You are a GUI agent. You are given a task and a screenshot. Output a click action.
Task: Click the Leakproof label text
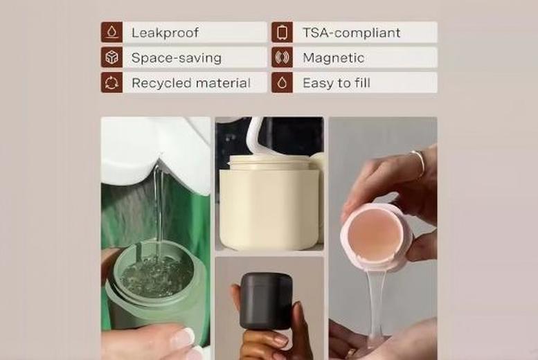(x=165, y=33)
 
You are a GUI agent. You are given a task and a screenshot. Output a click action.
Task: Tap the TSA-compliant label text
(x=351, y=33)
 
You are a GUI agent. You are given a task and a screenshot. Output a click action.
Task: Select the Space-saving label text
(x=176, y=58)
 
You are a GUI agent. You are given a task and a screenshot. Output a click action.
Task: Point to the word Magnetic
(x=333, y=58)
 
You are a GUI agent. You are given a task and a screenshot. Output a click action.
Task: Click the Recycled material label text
(x=190, y=83)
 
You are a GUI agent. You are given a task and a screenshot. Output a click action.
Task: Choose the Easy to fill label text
(x=336, y=83)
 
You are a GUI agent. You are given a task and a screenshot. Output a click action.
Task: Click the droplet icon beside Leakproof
(x=111, y=33)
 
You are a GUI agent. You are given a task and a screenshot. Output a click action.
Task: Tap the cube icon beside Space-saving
(x=111, y=57)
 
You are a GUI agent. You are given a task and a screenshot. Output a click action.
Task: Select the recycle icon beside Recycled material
(x=111, y=83)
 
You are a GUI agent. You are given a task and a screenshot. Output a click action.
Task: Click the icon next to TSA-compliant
(x=282, y=33)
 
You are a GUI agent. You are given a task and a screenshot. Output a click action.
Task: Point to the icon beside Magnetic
(x=282, y=58)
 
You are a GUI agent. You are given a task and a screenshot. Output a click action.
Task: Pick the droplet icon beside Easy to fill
(x=282, y=83)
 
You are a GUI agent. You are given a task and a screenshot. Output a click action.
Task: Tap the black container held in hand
(x=267, y=300)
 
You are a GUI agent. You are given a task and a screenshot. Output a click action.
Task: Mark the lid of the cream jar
(x=269, y=163)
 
